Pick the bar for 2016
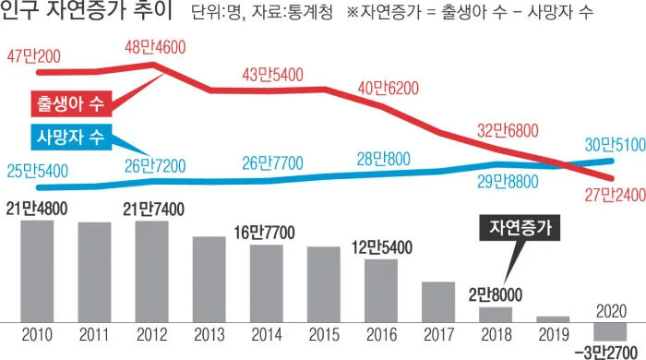[x=381, y=290]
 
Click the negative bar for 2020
[x=610, y=331]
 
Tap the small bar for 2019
[x=553, y=318]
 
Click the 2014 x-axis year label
[x=267, y=335]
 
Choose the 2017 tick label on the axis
[x=438, y=335]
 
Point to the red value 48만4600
[x=154, y=46]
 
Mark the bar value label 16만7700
[x=265, y=233]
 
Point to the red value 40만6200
[x=389, y=89]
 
